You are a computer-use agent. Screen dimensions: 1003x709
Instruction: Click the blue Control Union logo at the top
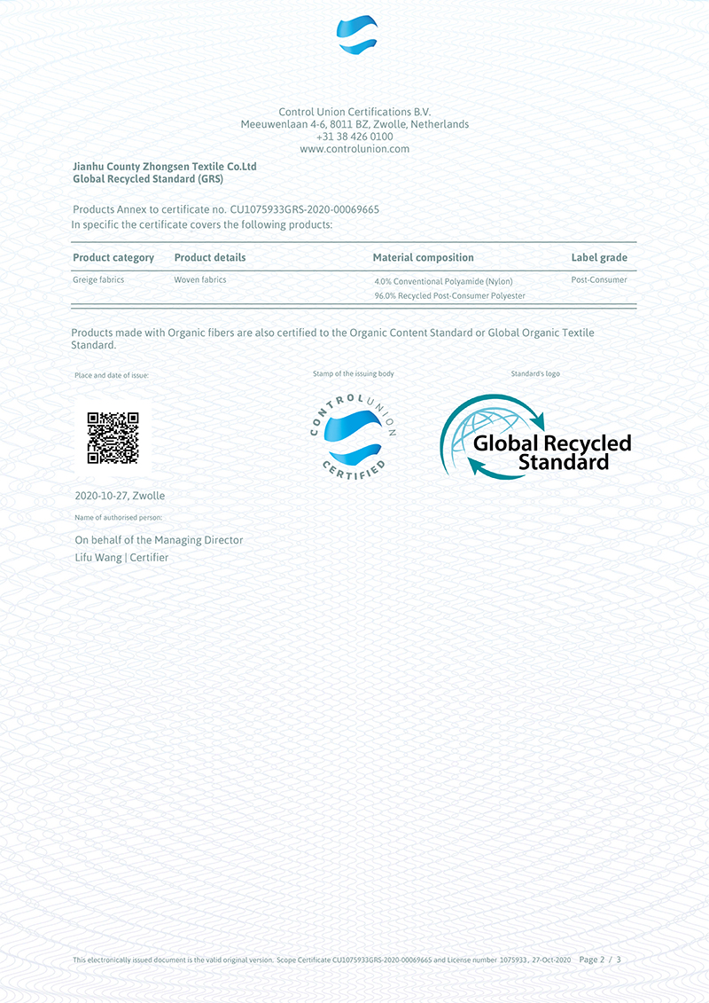tap(357, 36)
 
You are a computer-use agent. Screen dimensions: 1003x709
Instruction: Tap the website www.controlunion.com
tap(354, 149)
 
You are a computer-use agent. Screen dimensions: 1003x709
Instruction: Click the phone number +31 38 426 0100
tap(354, 137)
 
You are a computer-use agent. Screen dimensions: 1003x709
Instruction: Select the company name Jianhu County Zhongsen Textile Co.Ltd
tap(164, 167)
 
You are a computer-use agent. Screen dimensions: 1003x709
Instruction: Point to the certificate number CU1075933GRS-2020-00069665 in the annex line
tap(304, 210)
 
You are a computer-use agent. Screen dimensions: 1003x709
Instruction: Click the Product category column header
tap(113, 258)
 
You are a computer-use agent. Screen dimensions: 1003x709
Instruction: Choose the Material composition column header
tap(423, 258)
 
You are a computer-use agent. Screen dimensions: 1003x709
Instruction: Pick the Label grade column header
tap(599, 258)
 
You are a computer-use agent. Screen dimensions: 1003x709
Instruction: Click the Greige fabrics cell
tap(98, 280)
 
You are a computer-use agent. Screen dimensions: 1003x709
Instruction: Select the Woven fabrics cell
tap(200, 280)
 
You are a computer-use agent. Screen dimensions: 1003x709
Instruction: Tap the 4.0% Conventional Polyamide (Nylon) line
tap(443, 282)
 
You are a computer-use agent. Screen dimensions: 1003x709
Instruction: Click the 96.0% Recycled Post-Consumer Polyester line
tap(449, 295)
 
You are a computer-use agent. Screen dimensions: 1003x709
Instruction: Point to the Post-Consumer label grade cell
tap(599, 280)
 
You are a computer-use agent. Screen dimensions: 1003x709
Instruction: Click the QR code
tap(113, 438)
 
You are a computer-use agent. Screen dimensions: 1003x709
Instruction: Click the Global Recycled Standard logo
tap(534, 437)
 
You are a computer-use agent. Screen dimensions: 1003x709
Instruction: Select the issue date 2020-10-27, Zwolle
tap(120, 496)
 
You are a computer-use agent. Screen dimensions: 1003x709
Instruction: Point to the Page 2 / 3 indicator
tap(599, 960)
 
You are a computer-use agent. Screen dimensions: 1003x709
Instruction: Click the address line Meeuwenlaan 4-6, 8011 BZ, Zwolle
tap(354, 124)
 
